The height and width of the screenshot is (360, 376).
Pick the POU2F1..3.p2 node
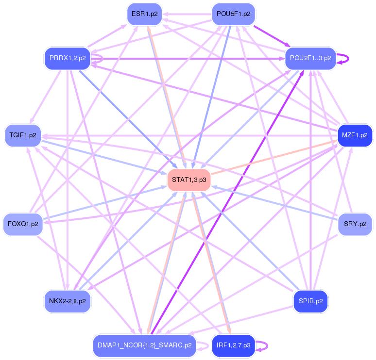[310, 58]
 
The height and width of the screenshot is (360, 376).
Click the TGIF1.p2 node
[23, 135]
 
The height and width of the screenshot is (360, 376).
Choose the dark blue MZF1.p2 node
[355, 135]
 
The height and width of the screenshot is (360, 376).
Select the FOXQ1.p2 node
[23, 224]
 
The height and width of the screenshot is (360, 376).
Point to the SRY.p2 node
[355, 224]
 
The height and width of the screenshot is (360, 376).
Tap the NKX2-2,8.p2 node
[68, 301]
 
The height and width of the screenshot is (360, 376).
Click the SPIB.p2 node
[311, 301]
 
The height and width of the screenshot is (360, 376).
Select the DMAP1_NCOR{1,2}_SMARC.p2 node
[143, 345]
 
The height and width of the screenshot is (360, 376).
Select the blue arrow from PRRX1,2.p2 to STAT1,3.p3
[126, 116]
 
